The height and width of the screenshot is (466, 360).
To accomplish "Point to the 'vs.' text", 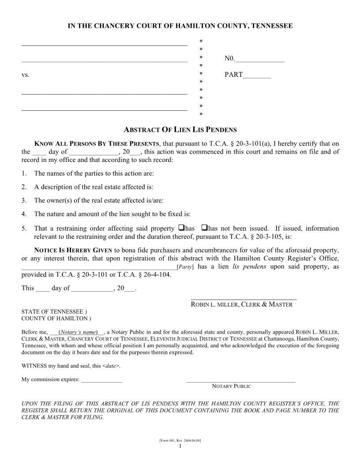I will click(25, 75).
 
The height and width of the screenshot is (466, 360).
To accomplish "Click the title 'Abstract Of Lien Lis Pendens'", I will click(180, 130).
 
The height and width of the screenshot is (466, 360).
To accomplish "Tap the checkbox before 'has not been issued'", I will click(204, 228).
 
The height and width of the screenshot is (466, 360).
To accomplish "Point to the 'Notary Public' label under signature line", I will click(231, 386).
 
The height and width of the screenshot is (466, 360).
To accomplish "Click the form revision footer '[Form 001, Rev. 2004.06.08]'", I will click(180, 441).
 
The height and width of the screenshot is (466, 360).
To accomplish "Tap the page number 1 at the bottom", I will click(180, 447).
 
